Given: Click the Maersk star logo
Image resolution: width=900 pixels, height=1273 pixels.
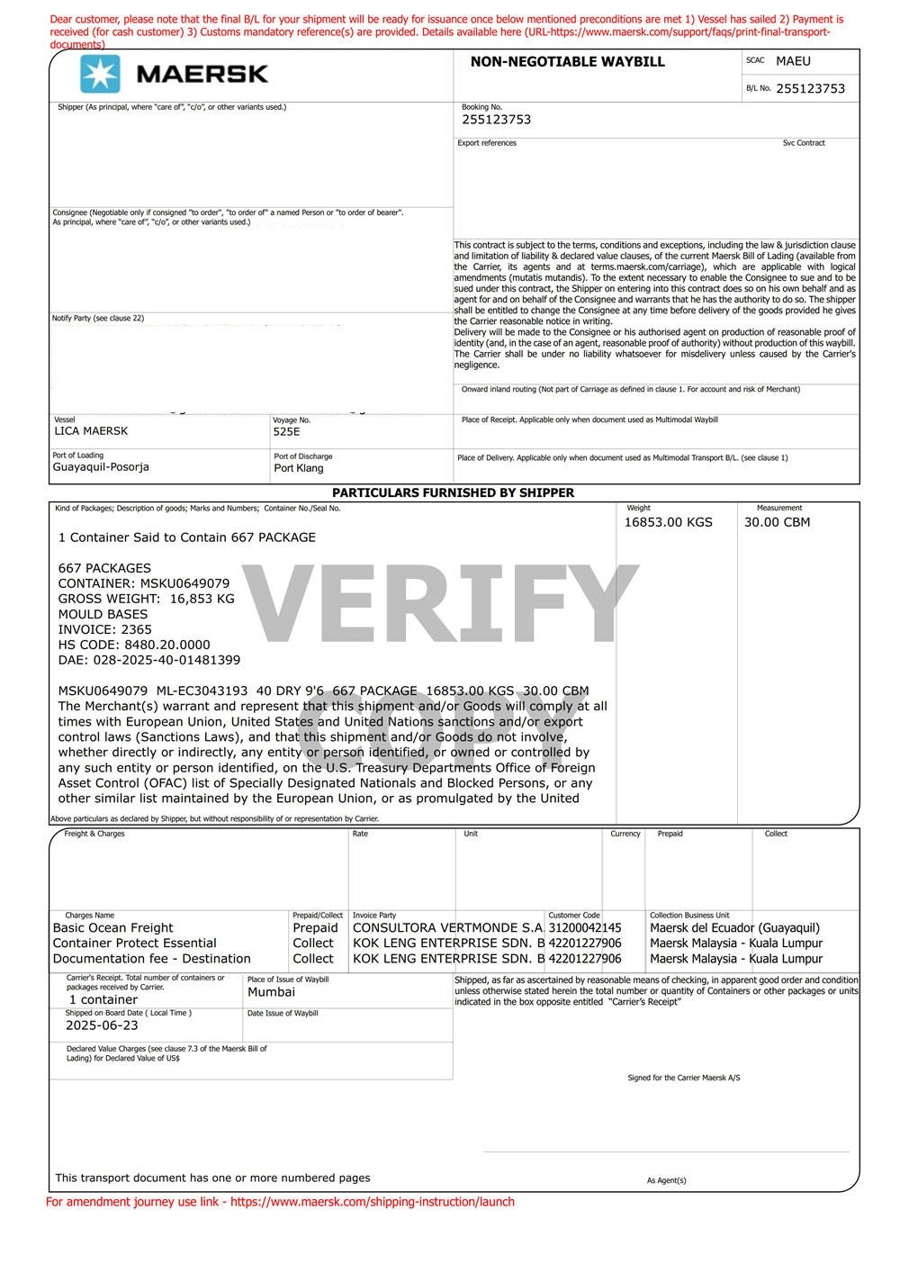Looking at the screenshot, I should click(x=100, y=74).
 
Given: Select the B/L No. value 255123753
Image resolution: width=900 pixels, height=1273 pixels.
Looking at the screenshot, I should click(x=810, y=88).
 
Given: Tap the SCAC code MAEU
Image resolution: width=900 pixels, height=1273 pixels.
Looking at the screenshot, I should click(x=793, y=61).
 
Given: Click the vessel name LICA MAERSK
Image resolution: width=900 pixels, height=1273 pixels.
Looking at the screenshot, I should click(x=91, y=431).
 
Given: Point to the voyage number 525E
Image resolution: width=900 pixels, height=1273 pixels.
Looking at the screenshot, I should click(x=287, y=431).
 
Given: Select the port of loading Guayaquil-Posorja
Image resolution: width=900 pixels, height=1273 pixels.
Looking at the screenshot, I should click(x=101, y=467).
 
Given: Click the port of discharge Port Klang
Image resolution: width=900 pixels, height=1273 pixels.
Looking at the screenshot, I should click(x=299, y=468).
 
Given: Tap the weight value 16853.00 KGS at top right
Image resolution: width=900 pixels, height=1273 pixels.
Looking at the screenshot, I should click(x=668, y=522).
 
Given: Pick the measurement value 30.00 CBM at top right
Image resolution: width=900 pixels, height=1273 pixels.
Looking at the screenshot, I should click(x=777, y=522).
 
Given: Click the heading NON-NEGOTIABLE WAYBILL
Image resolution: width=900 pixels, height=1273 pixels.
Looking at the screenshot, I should click(x=567, y=62).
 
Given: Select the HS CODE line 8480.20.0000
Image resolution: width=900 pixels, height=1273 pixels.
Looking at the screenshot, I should click(x=134, y=645).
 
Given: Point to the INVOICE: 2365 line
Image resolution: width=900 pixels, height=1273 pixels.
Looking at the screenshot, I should click(x=105, y=629).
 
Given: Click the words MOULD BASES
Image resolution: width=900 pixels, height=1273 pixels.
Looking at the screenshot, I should click(x=103, y=614).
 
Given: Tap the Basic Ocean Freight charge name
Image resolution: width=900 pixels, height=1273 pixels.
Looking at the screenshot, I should click(x=113, y=928).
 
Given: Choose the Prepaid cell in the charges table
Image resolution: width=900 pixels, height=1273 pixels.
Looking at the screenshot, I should click(x=315, y=928).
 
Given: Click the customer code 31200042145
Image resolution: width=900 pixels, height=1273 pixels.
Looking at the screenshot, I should click(x=585, y=928).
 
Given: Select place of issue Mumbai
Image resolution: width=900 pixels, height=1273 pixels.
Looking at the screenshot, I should click(x=271, y=992).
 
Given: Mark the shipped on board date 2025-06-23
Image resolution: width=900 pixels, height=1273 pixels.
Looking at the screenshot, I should click(x=102, y=1025).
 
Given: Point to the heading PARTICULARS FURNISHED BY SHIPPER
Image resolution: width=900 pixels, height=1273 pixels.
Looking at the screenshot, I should click(x=453, y=493).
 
